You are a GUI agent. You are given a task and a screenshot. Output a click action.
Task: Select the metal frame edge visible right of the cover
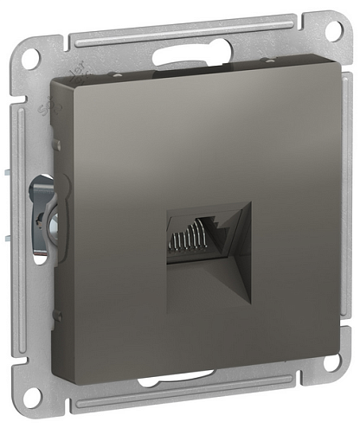329,216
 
